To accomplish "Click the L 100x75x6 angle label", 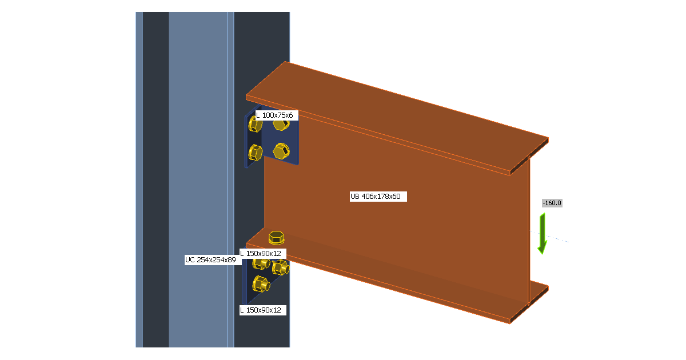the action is (x=274, y=115).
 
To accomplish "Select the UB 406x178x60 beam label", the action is (x=376, y=197).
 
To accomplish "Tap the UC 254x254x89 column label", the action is (x=210, y=260).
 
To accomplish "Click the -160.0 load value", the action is (x=552, y=203).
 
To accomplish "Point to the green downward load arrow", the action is (x=543, y=234).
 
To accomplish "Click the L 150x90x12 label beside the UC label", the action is (x=261, y=254).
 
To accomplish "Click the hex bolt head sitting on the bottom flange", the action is (x=277, y=238).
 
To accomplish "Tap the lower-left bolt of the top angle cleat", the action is (x=255, y=153).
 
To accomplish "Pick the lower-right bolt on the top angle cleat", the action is (x=281, y=151).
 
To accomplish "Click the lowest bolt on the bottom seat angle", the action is (x=261, y=284).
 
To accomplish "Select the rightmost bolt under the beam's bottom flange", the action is (x=281, y=267).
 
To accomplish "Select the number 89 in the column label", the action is (x=232, y=260).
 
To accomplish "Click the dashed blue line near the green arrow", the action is (x=549, y=237).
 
